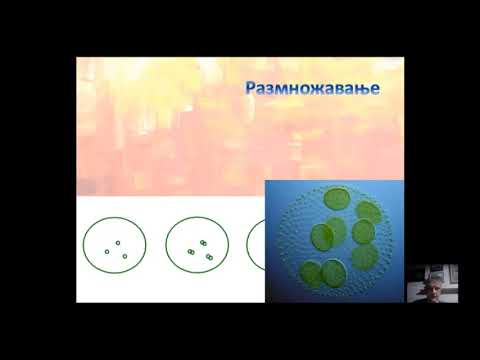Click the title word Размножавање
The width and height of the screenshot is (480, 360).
pos(312,89)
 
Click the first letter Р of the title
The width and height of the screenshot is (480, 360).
pos(251,88)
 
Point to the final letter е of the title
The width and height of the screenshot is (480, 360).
pos(375,89)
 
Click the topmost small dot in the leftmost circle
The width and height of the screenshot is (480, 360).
pos(118,243)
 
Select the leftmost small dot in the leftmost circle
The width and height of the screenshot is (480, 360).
pos(107,252)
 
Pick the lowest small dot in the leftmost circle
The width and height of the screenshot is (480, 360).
pos(125,256)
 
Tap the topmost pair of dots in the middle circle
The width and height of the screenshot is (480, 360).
pos(203,243)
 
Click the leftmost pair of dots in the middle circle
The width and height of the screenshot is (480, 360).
pos(191,252)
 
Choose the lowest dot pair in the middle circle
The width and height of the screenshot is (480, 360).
pos(209,257)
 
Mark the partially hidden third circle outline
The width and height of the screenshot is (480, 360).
pos(248,245)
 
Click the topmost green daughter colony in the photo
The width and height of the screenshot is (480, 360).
pos(337,199)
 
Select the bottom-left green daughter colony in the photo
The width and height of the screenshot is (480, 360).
pos(311,273)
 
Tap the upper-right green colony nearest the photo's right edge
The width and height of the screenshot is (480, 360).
pos(369,212)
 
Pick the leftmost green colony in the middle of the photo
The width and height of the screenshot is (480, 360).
pos(322,236)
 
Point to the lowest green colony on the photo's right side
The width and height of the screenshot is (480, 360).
pos(365,257)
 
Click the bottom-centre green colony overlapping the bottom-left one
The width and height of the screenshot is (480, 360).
pos(334,272)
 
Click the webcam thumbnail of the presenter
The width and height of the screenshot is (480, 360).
pos(432,284)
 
